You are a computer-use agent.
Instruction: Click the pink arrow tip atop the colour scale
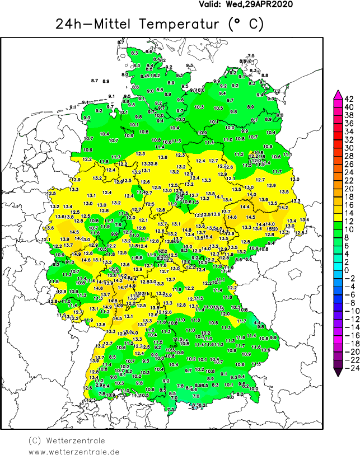click(x=338, y=93)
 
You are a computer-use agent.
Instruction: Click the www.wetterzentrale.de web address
click(x=74, y=451)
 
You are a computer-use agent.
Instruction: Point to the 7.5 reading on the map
click(x=251, y=55)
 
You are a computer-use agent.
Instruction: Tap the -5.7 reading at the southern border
click(x=194, y=409)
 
